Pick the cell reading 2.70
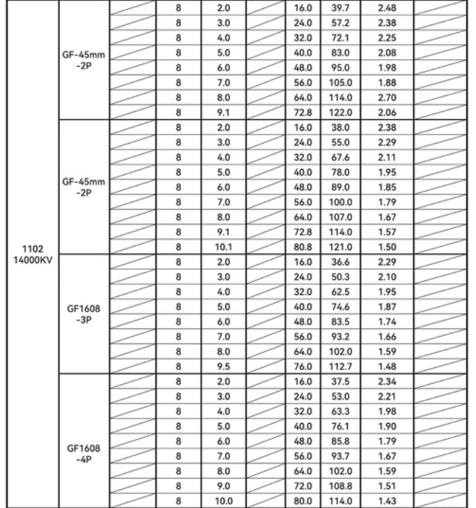[x=385, y=96]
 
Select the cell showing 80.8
[x=303, y=245]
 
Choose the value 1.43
[x=385, y=500]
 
